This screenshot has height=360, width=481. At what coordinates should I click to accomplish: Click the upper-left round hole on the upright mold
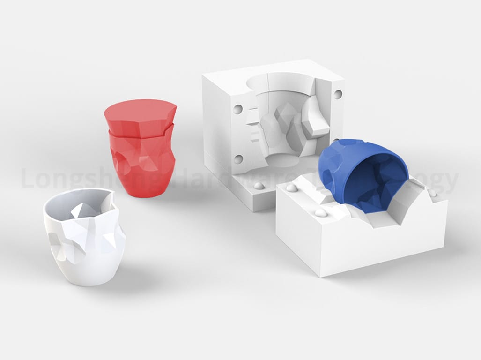pyautogui.click(x=238, y=109)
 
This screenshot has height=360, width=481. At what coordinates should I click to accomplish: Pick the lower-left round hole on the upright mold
pyautogui.click(x=238, y=159)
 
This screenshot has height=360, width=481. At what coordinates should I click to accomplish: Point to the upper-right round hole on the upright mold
pyautogui.click(x=337, y=94)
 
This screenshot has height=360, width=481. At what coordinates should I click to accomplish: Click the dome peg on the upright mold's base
pyautogui.click(x=258, y=186)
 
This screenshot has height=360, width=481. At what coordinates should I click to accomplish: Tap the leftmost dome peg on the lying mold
pyautogui.click(x=291, y=188)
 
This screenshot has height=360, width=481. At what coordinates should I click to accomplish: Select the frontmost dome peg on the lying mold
pyautogui.click(x=321, y=213)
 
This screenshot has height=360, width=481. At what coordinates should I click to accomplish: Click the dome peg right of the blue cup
pyautogui.click(x=432, y=193)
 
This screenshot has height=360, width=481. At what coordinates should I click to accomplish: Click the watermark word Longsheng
pyautogui.click(x=66, y=180)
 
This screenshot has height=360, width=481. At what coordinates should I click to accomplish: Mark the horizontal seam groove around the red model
pyautogui.click(x=141, y=136)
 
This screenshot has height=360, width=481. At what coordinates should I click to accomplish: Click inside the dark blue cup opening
pyautogui.click(x=375, y=180)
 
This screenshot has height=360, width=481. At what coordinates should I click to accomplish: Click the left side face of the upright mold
pyautogui.click(x=220, y=131)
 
